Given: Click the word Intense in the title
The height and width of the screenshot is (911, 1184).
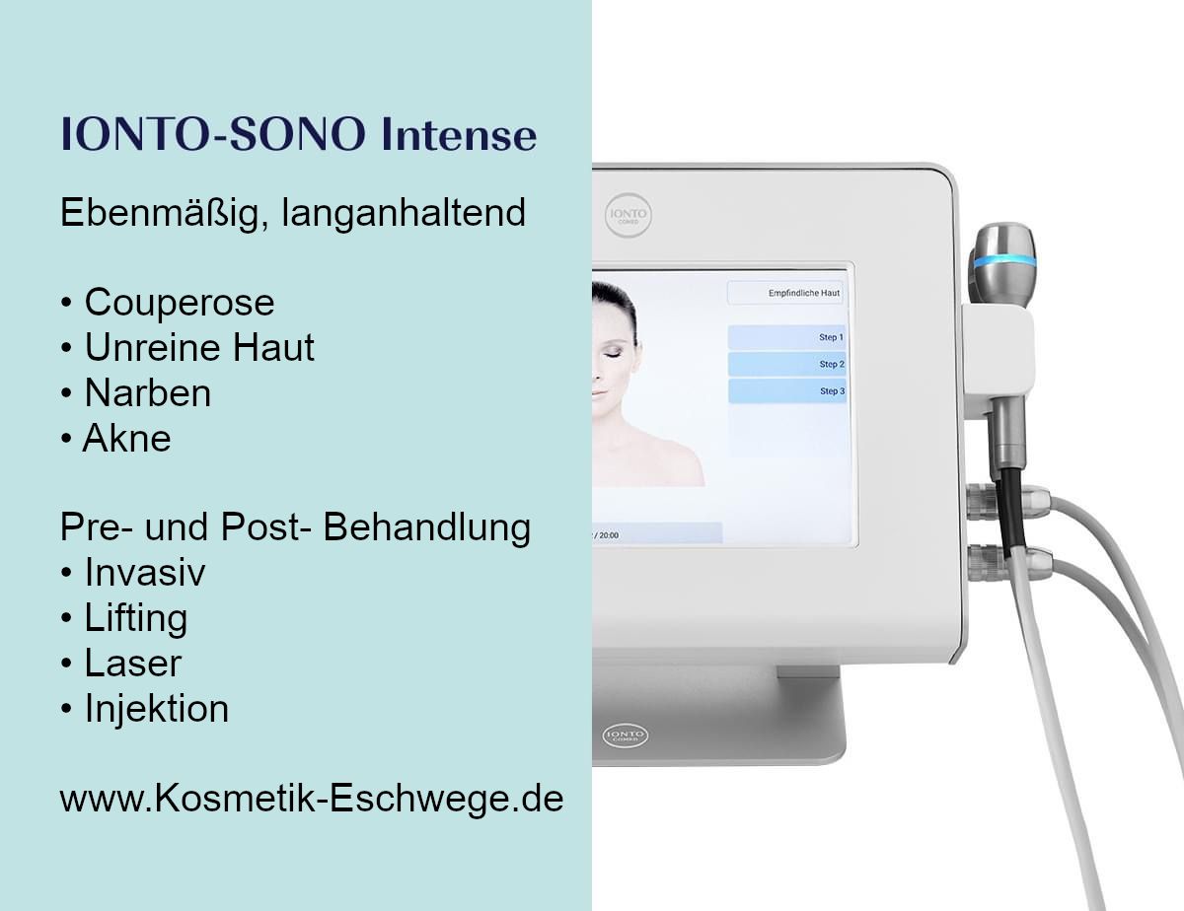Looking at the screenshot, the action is [x=459, y=134].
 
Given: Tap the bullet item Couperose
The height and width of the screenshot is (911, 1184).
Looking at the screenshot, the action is [x=168, y=302].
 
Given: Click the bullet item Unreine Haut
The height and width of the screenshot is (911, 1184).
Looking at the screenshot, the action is [x=188, y=347].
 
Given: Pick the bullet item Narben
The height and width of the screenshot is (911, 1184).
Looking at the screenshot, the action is [x=136, y=392].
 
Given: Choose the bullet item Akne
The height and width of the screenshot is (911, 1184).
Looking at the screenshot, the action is [x=116, y=438].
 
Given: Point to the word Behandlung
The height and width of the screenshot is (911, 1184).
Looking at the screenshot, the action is [x=426, y=527].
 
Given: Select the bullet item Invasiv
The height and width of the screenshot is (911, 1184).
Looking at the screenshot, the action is [x=133, y=572].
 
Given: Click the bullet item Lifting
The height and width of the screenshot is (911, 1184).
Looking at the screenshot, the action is [x=124, y=619].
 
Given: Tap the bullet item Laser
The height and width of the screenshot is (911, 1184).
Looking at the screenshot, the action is [x=121, y=663].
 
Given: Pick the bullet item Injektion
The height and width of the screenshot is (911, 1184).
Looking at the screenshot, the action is [x=145, y=709].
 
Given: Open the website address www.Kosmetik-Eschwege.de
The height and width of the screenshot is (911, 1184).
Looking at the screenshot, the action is [x=312, y=799].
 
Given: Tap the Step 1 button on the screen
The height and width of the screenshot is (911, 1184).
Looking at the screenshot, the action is [x=786, y=337].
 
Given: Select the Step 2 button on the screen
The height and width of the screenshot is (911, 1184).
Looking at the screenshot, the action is [x=786, y=364].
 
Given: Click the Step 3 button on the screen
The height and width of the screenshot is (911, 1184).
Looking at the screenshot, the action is [x=787, y=391].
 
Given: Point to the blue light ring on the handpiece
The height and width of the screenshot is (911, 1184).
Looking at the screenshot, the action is [x=1004, y=260].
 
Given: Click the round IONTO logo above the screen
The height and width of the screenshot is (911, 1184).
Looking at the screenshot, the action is [x=629, y=214].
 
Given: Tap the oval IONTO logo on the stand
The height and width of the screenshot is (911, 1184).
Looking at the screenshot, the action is [x=625, y=736].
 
